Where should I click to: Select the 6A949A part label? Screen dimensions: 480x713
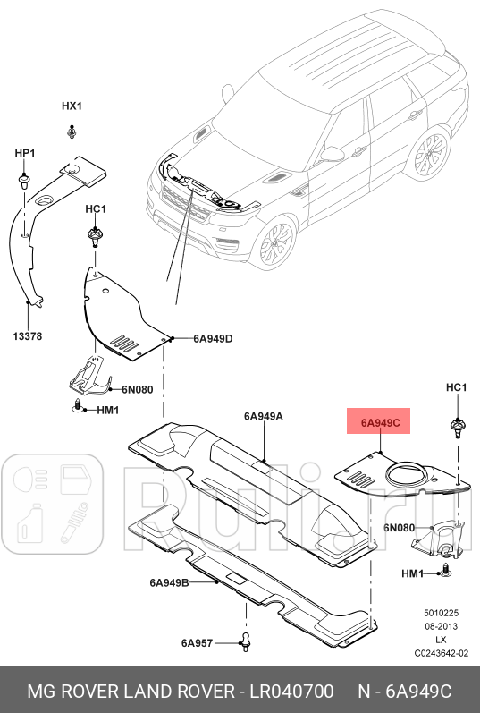pos(263,416)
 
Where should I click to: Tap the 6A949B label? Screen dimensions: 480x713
pos(169,582)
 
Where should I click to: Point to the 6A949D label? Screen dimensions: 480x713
pos(213,339)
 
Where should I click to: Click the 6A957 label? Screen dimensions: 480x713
pos(197,643)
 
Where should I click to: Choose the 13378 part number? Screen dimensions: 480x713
pos(28,336)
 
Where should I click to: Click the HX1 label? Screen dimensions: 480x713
pos(72,106)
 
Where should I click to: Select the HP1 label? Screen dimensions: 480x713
pos(24,153)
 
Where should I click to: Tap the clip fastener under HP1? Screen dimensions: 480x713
pos(24,181)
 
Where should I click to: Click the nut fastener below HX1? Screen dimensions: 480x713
pos(71,133)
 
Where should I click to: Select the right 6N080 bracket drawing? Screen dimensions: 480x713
pos(439,540)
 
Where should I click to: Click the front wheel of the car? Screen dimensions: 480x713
pos(275,242)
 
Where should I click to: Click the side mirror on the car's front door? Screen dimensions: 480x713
pos(333,154)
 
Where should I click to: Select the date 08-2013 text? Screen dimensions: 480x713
pos(441,626)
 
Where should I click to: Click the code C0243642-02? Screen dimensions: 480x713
pos(441,653)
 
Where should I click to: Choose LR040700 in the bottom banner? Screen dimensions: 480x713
pos(291,692)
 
